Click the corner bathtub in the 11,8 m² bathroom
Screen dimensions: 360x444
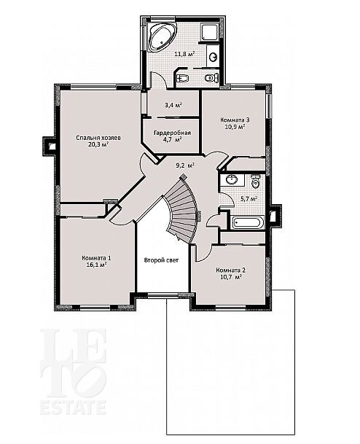pos(161,36)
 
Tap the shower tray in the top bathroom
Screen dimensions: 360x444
pos(209,32)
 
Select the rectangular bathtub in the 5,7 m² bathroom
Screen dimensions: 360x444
pos(248,222)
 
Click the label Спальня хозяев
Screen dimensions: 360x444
pos(98,138)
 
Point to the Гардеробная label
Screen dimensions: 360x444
pos(173,133)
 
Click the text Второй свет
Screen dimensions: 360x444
pos(161,260)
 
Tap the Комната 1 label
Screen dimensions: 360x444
pos(96,258)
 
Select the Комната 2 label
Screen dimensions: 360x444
pos(231,270)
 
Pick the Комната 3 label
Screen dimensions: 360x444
pos(235,120)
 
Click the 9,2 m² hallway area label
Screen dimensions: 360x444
pos(185,165)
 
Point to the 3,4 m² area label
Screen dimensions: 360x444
pos(173,105)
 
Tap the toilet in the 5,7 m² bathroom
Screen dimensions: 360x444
pos(255,182)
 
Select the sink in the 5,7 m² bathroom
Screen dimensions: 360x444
pos(232,180)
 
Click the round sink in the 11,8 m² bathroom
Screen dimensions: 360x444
pos(213,58)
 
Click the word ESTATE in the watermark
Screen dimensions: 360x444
pos(73,408)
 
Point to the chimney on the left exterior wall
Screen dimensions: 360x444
pos(49,146)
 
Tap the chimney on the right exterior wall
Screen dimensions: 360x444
pos(275,216)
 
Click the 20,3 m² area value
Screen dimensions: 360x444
pos(98,144)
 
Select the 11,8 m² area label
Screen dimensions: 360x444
pos(184,54)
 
